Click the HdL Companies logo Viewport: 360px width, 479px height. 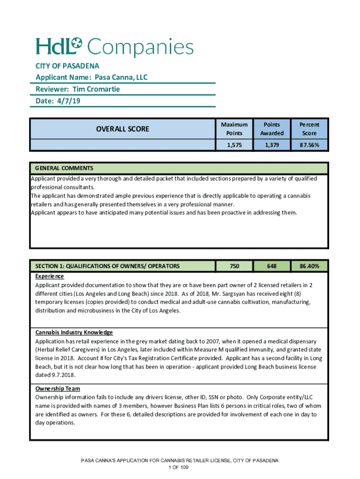click(115, 47)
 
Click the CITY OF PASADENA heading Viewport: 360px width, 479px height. click(67, 66)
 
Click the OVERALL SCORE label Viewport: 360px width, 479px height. click(122, 129)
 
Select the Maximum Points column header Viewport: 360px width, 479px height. click(234, 129)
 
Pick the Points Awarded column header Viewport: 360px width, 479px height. click(272, 129)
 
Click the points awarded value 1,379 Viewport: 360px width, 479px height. click(272, 145)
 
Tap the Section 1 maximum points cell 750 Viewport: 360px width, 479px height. click(234, 266)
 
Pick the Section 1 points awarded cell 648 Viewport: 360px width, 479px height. click(272, 266)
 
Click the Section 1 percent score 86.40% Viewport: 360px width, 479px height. click(310, 266)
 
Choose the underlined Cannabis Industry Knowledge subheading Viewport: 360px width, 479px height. click(74, 332)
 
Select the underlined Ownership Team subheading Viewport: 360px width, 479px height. click(58, 389)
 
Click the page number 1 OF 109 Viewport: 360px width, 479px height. click(180, 467)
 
